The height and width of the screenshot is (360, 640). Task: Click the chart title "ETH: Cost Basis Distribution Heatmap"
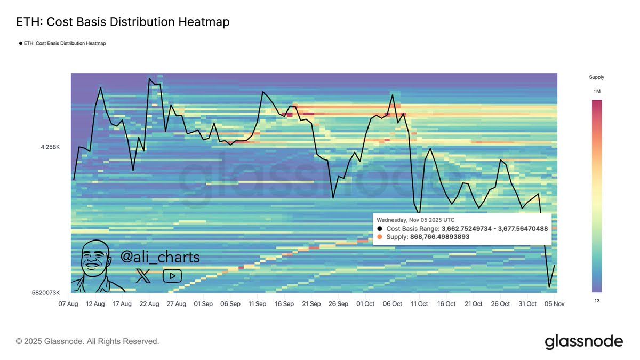[123, 22]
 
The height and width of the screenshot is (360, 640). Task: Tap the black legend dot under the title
[21, 43]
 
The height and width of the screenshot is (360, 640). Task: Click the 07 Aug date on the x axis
[68, 304]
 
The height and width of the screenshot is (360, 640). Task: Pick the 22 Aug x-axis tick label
[149, 304]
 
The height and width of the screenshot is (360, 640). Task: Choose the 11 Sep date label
[257, 304]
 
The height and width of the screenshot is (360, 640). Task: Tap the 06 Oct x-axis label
[393, 304]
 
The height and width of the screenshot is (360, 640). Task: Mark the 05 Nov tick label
[555, 304]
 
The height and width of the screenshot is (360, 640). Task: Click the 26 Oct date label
[501, 304]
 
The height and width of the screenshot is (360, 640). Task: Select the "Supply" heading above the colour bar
[596, 77]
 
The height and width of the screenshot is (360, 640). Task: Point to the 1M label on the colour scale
[597, 92]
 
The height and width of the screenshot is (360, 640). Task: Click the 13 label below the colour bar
[596, 300]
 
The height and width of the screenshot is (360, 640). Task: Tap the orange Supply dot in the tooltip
[379, 237]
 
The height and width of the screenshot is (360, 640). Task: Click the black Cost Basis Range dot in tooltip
[379, 228]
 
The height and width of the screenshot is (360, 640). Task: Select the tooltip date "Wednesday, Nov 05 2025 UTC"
[415, 220]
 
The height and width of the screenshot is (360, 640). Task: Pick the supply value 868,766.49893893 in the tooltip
[439, 237]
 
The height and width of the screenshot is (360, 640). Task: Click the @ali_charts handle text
[160, 257]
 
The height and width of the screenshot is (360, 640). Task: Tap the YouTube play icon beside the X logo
[172, 276]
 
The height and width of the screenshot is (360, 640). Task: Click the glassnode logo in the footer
[583, 341]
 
